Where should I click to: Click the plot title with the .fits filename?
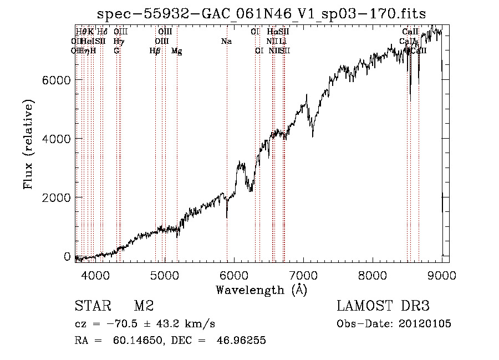262,14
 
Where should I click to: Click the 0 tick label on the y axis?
67,256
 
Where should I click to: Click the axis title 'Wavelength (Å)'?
261,290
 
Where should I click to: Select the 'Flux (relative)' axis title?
28,145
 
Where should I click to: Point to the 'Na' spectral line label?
226,42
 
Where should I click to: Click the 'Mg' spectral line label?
176,51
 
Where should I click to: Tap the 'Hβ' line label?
155,51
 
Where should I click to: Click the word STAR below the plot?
91,306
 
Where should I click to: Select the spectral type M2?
144,306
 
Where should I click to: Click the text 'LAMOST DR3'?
383,306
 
